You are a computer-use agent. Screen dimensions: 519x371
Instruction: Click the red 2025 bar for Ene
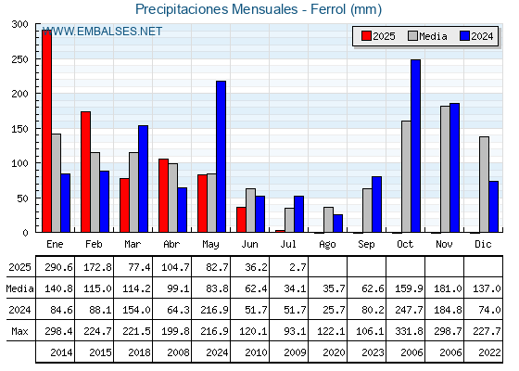pos(46,131)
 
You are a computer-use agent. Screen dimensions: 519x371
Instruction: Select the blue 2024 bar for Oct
pos(416,147)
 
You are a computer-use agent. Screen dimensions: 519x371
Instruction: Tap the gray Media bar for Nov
pos(445,169)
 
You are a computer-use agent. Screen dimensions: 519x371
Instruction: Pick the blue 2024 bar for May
pos(222,157)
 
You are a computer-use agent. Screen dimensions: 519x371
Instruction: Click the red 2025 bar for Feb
pos(85,172)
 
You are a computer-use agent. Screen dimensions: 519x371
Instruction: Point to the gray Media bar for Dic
pos(484,185)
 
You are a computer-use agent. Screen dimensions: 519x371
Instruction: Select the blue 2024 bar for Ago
pos(338,224)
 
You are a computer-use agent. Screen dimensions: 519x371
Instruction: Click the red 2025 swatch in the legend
pos(366,36)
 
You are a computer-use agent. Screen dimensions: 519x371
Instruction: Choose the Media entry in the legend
pos(427,36)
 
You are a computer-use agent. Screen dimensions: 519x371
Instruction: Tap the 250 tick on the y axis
pos(20,59)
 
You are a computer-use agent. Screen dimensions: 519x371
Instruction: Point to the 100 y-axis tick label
pos(20,163)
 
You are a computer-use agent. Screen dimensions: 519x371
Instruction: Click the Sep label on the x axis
pos(366,245)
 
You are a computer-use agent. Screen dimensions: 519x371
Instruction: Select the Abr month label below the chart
pos(171,245)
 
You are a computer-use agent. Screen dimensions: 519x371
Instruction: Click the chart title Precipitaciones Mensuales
pos(217,9)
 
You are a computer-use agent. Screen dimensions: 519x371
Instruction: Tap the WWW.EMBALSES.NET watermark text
pos(102,32)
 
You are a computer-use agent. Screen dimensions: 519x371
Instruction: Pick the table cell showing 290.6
pos(58,267)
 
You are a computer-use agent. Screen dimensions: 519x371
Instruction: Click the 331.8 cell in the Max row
pos(409,331)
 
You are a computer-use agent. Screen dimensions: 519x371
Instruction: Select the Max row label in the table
pos(19,331)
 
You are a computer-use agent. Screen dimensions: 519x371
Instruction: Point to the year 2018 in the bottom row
pos(139,352)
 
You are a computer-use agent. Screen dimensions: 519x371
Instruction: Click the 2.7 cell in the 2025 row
pos(297,267)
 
